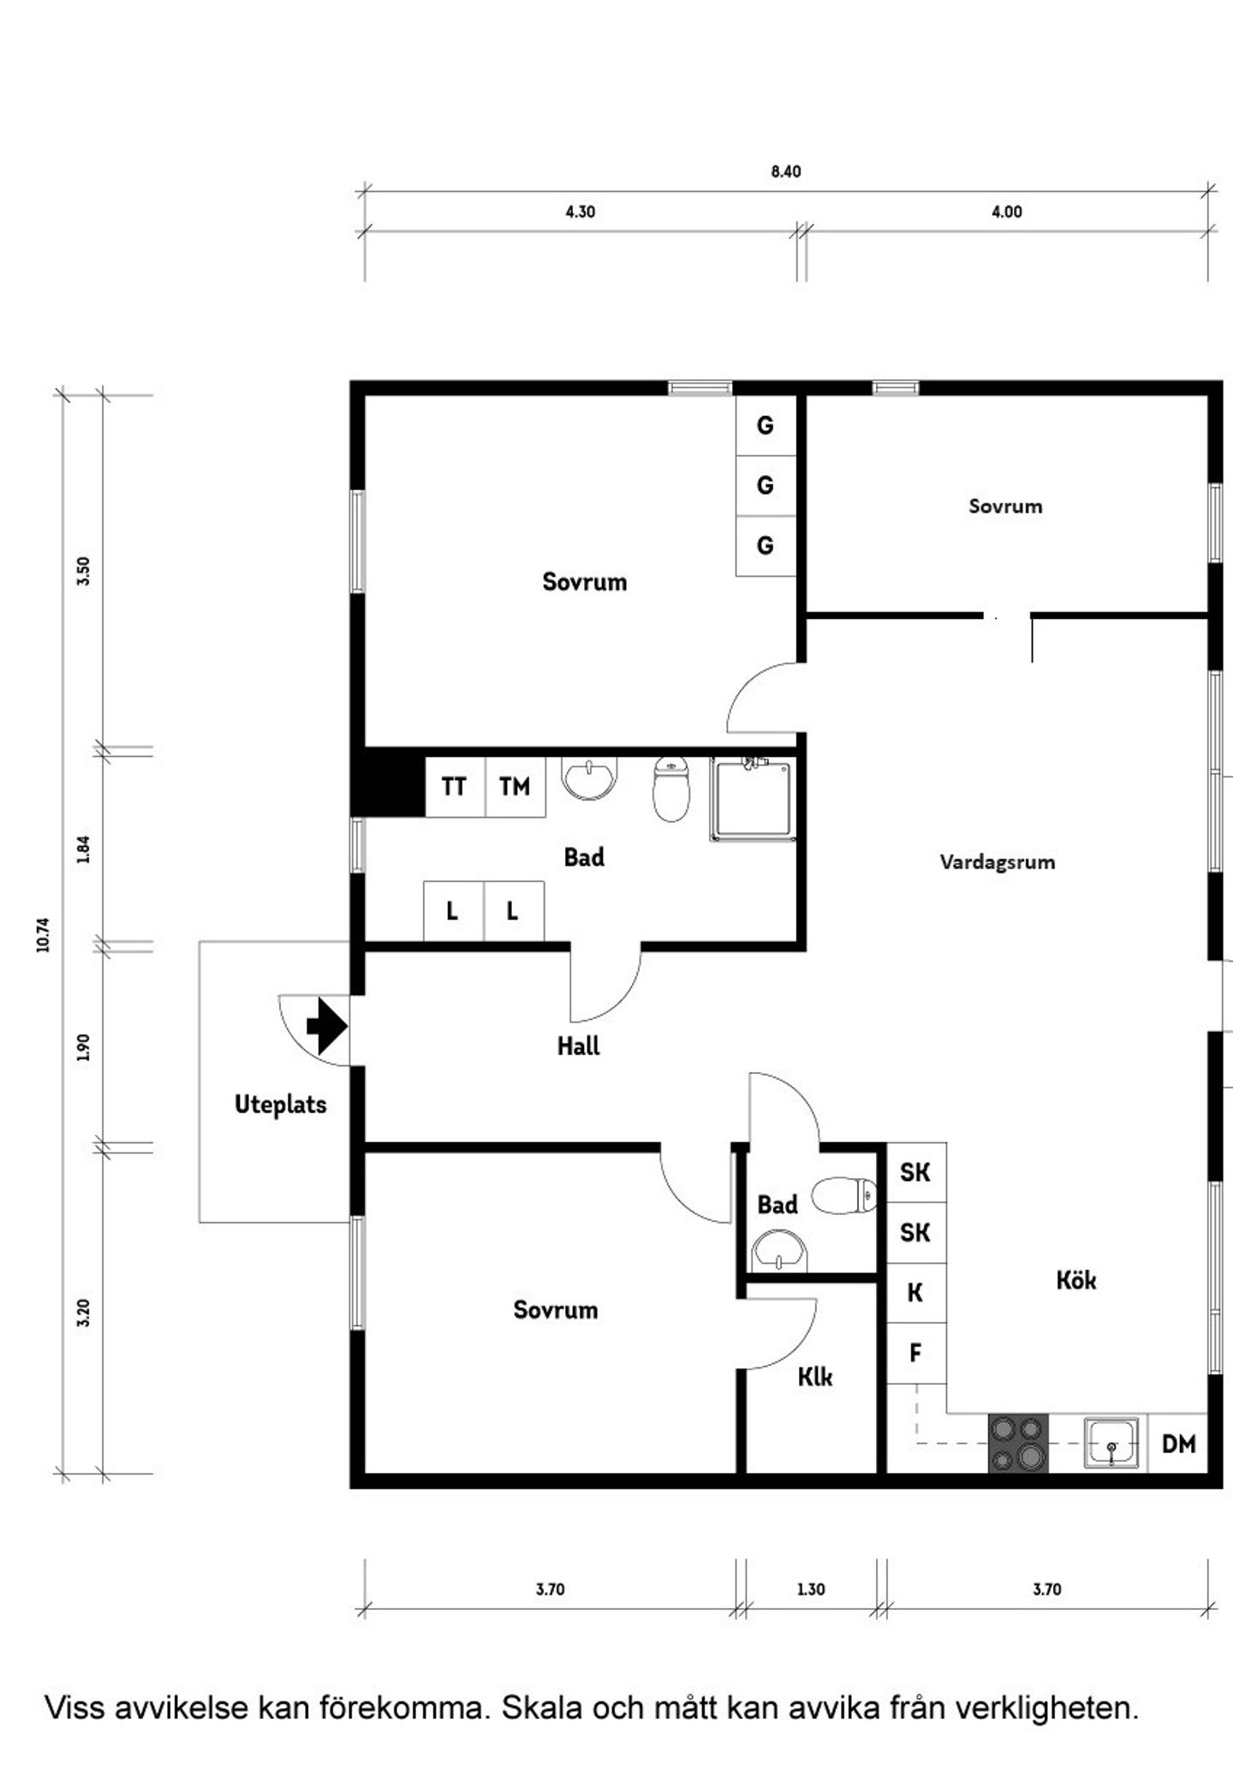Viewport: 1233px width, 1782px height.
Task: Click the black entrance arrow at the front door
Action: click(326, 1026)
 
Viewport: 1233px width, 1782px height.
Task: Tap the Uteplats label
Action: click(281, 1105)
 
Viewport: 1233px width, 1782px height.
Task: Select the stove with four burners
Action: click(1019, 1444)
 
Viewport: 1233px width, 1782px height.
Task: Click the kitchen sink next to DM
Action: click(1111, 1444)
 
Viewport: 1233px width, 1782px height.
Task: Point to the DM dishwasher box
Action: click(1178, 1444)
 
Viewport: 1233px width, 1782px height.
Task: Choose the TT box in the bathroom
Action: click(455, 786)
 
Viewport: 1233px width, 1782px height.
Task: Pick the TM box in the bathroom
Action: click(515, 786)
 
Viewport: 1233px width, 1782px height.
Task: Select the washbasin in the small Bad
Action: click(779, 1252)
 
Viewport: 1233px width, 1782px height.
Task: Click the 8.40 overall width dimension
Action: click(786, 172)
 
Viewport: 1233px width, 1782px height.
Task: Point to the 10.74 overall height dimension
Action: click(44, 934)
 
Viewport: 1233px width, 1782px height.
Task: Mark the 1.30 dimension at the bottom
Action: click(811, 1589)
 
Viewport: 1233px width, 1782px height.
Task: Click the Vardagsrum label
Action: click(998, 862)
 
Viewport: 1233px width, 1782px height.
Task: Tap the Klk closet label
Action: click(815, 1377)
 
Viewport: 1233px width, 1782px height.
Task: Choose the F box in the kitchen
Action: click(916, 1353)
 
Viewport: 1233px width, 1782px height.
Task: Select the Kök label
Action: click(1076, 1280)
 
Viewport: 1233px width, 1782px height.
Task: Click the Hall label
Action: click(579, 1046)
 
